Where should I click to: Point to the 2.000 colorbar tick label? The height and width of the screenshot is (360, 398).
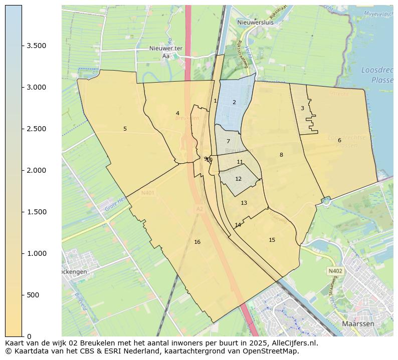37,170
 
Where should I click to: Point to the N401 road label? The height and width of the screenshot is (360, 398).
148,192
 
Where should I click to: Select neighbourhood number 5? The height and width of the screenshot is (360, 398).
125,129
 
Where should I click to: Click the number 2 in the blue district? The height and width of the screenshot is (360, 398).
234,102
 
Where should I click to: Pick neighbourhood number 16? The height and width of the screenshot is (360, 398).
197,242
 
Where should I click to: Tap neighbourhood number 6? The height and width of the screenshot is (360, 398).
339,140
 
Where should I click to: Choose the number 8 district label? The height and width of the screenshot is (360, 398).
281,155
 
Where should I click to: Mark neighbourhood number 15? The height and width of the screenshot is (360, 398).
272,240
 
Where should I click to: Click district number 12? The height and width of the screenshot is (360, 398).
238,179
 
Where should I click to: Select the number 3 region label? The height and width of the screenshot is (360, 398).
302,108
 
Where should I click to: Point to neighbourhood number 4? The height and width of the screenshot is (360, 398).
177,113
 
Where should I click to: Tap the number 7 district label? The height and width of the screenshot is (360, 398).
228,141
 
